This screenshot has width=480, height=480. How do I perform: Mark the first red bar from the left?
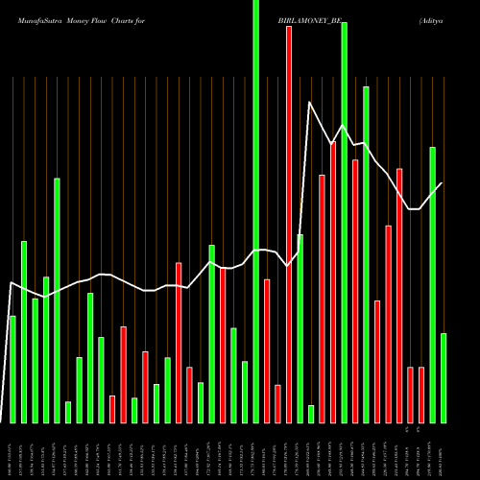click(112, 409)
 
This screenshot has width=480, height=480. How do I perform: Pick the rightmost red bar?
click(421, 395)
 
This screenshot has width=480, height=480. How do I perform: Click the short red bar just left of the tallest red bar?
click(277, 403)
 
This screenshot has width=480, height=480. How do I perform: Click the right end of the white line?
click(442, 183)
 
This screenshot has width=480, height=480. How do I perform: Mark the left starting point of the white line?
click(10, 282)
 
